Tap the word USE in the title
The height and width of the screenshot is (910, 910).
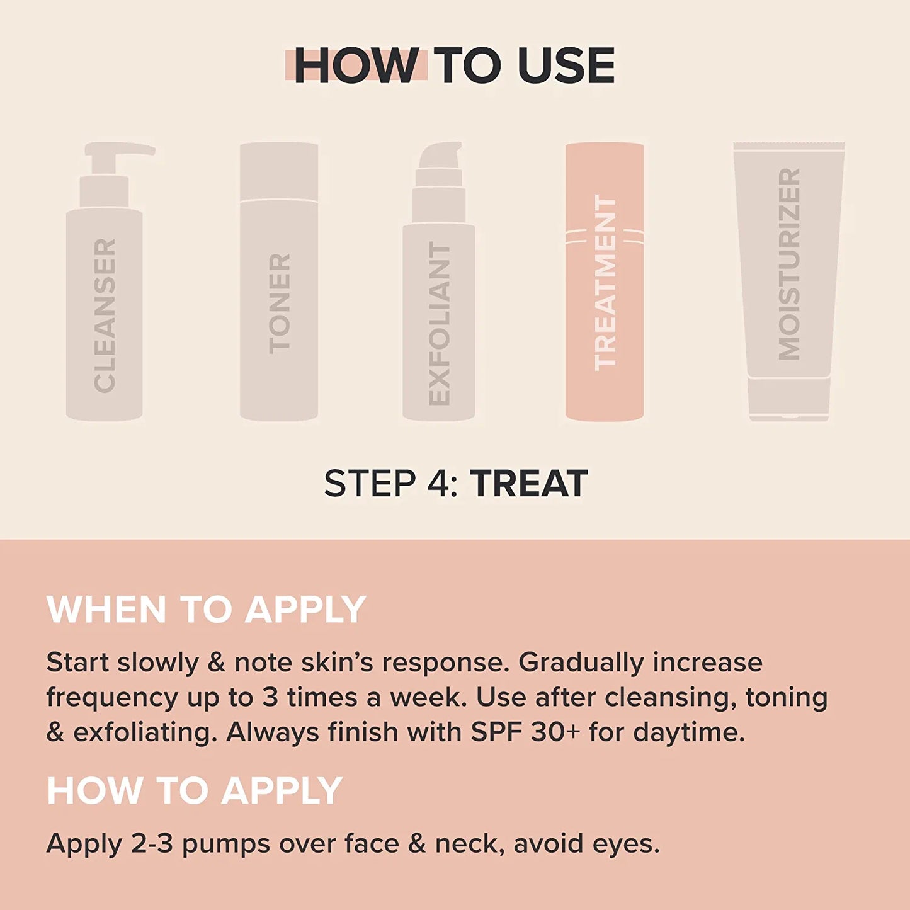[566, 65]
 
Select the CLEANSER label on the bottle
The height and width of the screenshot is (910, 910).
[105, 316]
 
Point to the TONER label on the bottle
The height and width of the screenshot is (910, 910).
[280, 303]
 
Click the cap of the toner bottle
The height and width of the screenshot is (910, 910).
[279, 171]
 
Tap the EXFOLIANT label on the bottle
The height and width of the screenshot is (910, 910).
[440, 323]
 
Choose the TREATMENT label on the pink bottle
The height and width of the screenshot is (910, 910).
[605, 282]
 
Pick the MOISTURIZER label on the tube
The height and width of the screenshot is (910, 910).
[788, 264]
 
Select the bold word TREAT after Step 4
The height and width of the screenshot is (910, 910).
[529, 484]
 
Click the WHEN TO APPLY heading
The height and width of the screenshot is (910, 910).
[206, 610]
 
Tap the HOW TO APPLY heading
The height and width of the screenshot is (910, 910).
[194, 790]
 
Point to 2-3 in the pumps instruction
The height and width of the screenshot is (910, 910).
[152, 844]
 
